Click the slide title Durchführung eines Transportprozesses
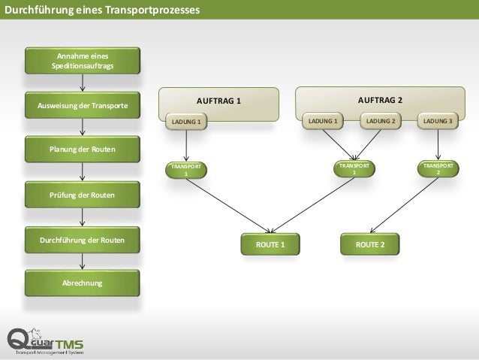point(102,11)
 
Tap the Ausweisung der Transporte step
point(83,105)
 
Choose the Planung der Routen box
point(83,149)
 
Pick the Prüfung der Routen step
point(83,195)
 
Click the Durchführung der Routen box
point(83,241)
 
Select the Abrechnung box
point(83,283)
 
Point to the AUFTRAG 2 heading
point(380,99)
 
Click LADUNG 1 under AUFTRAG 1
point(186,122)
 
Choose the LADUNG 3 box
point(438,121)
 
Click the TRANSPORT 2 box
point(438,168)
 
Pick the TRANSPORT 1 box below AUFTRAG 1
point(187,169)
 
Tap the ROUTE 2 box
point(371,244)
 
